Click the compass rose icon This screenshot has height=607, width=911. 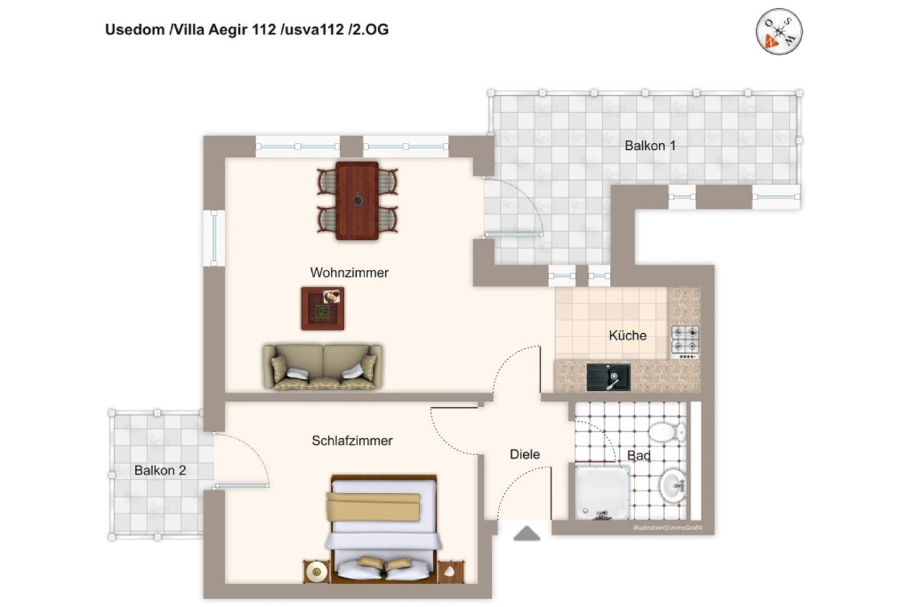click(x=779, y=32)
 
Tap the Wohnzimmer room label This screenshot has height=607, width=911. click(x=349, y=273)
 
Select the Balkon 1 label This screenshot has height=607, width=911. click(x=650, y=145)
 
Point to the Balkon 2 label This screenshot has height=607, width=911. click(x=160, y=470)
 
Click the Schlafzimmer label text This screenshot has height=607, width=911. click(x=352, y=441)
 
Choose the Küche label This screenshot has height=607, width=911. click(x=628, y=335)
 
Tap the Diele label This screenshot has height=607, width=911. click(x=524, y=454)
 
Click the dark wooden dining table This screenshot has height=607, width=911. click(x=357, y=201)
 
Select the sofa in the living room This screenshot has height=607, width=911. click(x=323, y=367)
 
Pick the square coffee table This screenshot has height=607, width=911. click(x=323, y=309)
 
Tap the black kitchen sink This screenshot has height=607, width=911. click(x=609, y=377)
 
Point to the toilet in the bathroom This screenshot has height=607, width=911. click(x=667, y=432)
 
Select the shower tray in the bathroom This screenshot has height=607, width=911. click(x=602, y=493)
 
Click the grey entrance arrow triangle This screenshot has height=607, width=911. click(x=526, y=534)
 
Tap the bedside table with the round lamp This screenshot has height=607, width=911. click(x=316, y=572)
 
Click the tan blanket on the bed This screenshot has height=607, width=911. click(x=373, y=506)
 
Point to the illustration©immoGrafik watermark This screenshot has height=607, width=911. click(x=668, y=528)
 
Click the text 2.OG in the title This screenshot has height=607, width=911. click(x=371, y=30)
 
